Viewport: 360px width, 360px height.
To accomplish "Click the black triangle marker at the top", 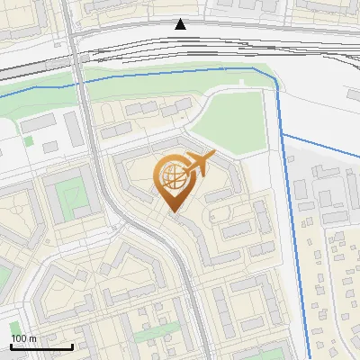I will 181,24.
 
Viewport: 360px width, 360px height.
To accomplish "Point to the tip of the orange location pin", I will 173,213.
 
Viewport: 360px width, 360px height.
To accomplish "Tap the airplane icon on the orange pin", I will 200,163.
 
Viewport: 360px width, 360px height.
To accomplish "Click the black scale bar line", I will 41,346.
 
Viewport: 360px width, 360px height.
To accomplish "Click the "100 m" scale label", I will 23,337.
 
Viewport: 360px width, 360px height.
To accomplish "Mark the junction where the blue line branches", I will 282,133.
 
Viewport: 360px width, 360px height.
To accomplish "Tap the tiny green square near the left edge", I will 28,140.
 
